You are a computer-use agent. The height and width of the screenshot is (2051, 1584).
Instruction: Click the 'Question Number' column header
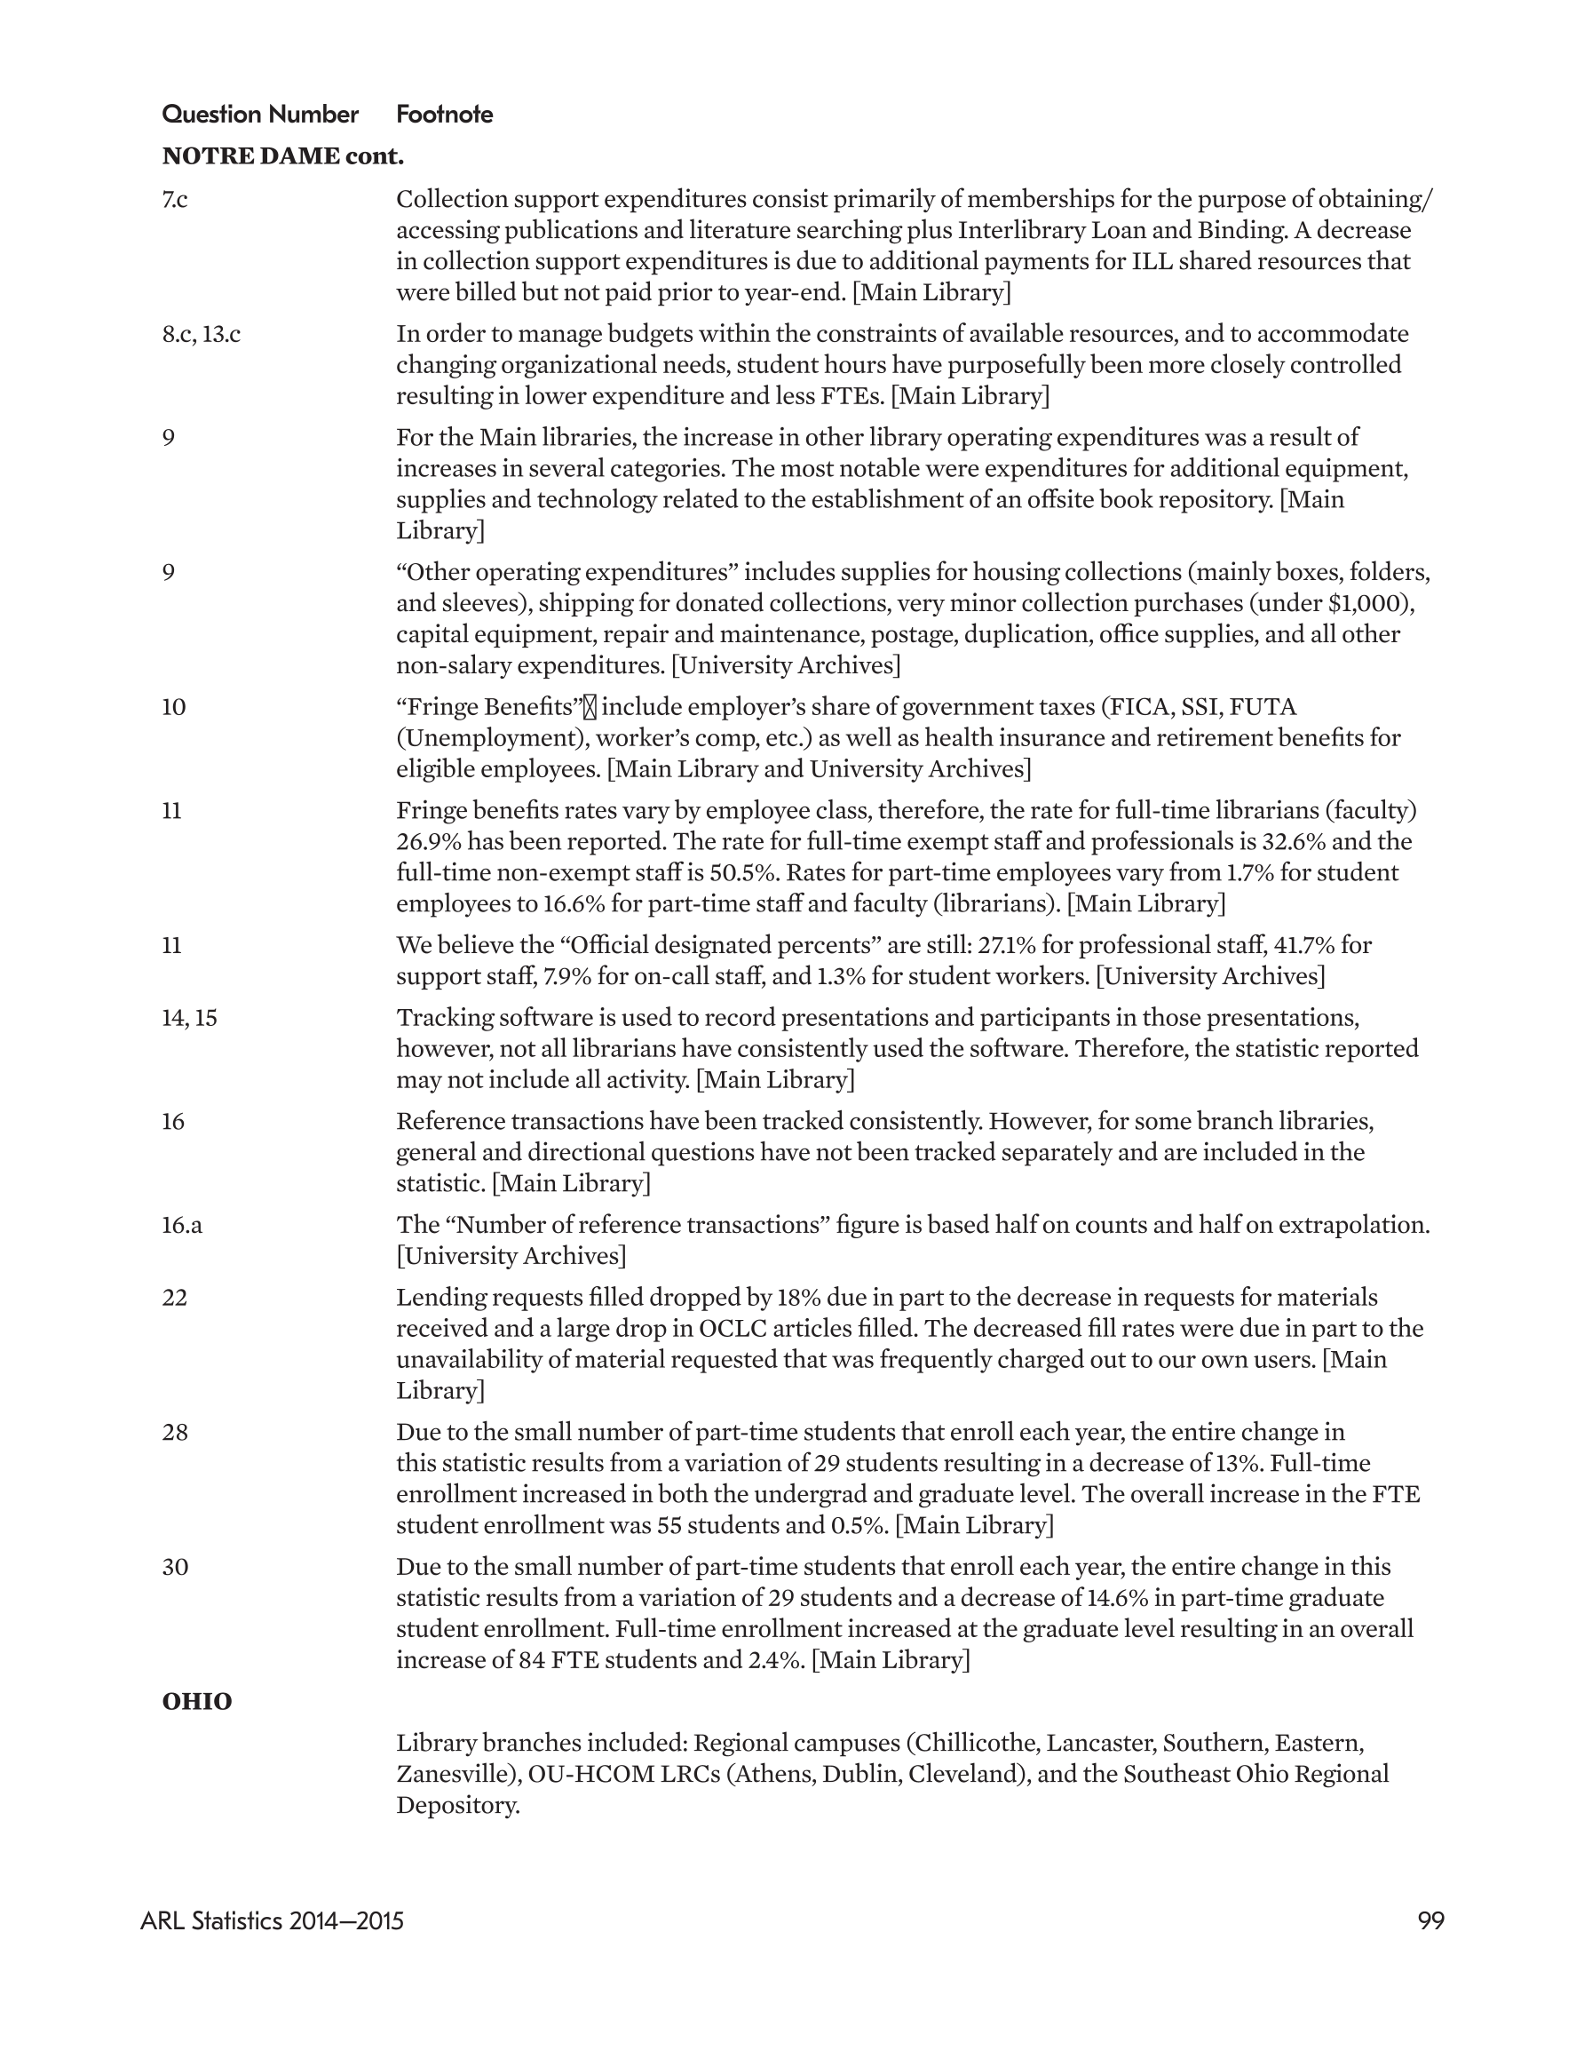point(260,115)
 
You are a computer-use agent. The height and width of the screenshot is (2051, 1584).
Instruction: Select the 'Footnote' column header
point(444,115)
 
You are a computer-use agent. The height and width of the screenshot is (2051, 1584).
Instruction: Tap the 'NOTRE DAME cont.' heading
point(282,156)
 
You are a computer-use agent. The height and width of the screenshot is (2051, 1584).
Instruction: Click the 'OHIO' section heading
point(197,1702)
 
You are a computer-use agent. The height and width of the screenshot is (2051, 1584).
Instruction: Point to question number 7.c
point(175,199)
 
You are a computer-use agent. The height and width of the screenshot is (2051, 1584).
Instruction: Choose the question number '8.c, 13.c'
point(201,334)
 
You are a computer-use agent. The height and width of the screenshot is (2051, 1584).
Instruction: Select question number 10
point(174,707)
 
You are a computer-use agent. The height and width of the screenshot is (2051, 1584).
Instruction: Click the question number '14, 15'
point(190,1018)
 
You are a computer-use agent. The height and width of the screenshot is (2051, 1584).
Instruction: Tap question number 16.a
point(182,1226)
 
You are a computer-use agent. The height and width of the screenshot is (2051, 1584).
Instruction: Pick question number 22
point(175,1298)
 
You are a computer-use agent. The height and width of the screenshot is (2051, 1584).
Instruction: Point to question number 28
point(175,1432)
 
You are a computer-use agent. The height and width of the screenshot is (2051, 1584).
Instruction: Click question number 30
point(175,1568)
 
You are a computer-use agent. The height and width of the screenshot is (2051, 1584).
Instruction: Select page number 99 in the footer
point(1430,1921)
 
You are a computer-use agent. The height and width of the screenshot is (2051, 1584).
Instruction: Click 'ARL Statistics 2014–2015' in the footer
point(273,1921)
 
